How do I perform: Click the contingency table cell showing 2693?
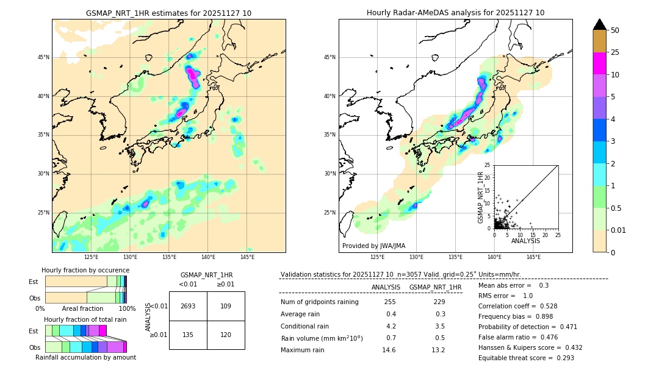point(188,306)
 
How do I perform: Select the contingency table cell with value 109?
point(226,306)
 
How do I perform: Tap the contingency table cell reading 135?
point(188,335)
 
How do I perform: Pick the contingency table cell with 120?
point(226,335)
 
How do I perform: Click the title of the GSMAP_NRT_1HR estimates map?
point(168,13)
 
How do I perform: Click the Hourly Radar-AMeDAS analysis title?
point(455,13)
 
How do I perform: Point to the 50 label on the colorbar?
point(615,30)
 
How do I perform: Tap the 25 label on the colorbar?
point(615,52)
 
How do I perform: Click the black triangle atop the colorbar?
point(600,24)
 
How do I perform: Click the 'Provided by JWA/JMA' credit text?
point(373,246)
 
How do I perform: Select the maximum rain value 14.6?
point(389,350)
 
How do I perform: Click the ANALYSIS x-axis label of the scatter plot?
point(525,241)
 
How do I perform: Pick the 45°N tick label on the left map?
point(43,57)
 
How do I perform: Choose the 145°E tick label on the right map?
point(533,257)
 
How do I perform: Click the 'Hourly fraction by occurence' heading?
point(85,270)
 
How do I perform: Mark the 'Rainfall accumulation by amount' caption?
point(85,357)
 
